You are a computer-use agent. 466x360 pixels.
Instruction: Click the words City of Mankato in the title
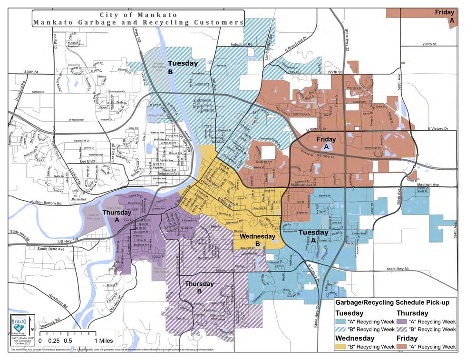coord(138,15)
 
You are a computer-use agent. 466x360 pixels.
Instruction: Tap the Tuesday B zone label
coord(183,67)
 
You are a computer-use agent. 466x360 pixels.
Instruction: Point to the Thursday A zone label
coord(116,216)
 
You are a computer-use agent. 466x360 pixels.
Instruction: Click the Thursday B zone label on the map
coord(200,288)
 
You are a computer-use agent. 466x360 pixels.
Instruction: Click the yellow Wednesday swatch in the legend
coord(340,346)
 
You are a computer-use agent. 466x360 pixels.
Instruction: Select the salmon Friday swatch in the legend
coord(402,346)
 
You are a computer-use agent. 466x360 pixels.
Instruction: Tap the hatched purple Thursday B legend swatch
coord(402,329)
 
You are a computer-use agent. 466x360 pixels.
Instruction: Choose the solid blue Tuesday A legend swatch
coord(340,321)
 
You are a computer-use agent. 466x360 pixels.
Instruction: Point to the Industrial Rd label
coord(242,44)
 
